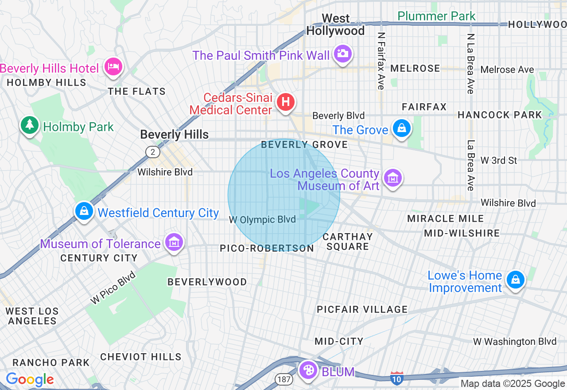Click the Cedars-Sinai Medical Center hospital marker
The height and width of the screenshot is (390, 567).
pyautogui.click(x=286, y=102)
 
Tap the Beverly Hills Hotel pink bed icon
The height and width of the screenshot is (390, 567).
pyautogui.click(x=113, y=67)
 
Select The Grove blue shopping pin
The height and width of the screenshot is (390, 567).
pyautogui.click(x=401, y=129)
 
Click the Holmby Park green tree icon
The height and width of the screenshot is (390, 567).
pyautogui.click(x=30, y=125)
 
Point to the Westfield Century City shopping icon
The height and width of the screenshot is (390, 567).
pyautogui.click(x=84, y=211)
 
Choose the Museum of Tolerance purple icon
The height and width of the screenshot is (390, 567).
pyautogui.click(x=175, y=242)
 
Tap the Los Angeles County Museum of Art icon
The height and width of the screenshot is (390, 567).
pyautogui.click(x=392, y=178)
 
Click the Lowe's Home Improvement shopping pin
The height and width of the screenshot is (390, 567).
pyautogui.click(x=516, y=280)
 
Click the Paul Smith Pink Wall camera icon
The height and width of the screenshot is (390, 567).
pyautogui.click(x=342, y=54)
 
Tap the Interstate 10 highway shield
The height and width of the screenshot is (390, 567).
pyautogui.click(x=397, y=378)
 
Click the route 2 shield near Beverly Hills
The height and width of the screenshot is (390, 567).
pyautogui.click(x=152, y=152)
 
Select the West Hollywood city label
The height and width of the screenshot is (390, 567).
pyautogui.click(x=335, y=24)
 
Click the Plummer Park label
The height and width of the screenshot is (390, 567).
pyautogui.click(x=436, y=16)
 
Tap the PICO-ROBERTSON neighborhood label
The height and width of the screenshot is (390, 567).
pyautogui.click(x=267, y=249)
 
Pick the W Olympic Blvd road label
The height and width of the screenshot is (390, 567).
pyautogui.click(x=262, y=220)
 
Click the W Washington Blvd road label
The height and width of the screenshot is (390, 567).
pyautogui.click(x=515, y=342)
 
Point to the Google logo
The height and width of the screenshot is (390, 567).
pyautogui.click(x=30, y=379)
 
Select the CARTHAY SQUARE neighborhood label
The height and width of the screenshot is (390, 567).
pyautogui.click(x=347, y=242)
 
